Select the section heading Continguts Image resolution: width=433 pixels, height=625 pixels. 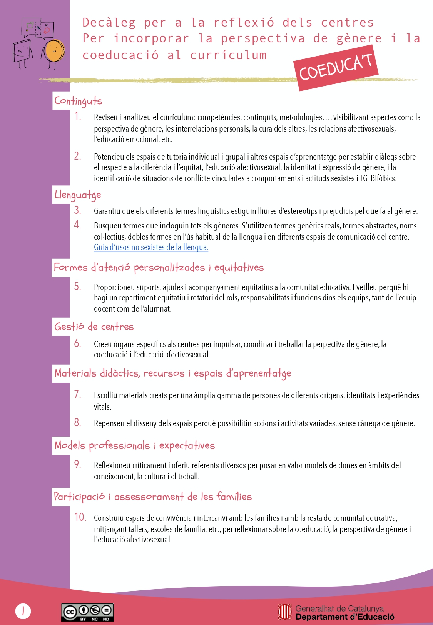coord(78,101)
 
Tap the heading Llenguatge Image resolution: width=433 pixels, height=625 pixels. coord(78,195)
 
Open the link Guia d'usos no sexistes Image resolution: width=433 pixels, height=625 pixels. coord(151,247)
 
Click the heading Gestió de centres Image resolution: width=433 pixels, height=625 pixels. coord(94,327)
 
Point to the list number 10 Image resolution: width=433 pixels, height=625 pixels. coord(80,517)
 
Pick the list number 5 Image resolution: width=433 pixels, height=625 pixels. coord(78,287)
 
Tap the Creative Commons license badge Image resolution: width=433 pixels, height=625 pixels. coord(87,612)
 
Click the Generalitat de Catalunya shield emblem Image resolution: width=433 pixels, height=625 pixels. coord(285,612)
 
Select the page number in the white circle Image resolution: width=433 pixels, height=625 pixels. coord(23,611)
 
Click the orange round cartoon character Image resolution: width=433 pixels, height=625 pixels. coord(53,50)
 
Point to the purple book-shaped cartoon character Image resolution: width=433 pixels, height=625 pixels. coord(22,51)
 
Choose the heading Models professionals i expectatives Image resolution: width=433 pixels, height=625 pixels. coord(135,446)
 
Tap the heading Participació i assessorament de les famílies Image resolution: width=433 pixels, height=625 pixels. coord(153,497)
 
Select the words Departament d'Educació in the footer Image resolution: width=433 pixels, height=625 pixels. coord(345,617)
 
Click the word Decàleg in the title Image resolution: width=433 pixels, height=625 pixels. coord(109,23)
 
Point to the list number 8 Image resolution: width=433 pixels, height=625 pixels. coord(78,423)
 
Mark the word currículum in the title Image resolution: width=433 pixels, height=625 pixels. coord(228,55)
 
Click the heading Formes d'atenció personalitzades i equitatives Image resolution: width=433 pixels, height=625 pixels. coord(159,268)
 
